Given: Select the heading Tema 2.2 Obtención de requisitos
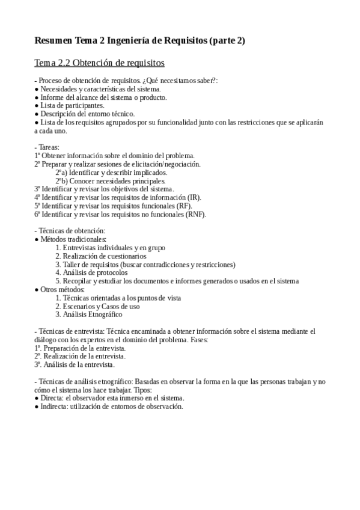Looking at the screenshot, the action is (100, 63).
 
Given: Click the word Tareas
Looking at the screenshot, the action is (52, 147).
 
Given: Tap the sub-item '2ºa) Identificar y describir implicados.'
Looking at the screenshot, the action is (111, 172).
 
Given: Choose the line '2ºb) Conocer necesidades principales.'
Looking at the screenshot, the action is (111, 180).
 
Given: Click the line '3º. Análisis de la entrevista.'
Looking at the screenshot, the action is (75, 364).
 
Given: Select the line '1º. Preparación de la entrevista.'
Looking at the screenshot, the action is (80, 348).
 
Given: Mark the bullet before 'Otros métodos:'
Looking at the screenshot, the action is (37, 289).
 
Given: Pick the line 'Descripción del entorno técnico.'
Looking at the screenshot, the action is (88, 114).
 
